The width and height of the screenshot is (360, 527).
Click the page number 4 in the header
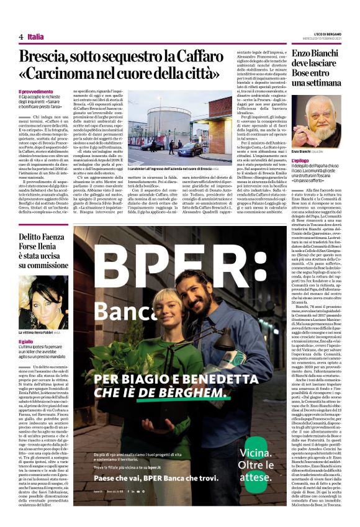click(x=20, y=37)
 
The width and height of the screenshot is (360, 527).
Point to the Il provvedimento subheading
click(x=35, y=91)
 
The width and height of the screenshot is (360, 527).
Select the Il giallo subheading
click(x=25, y=341)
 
